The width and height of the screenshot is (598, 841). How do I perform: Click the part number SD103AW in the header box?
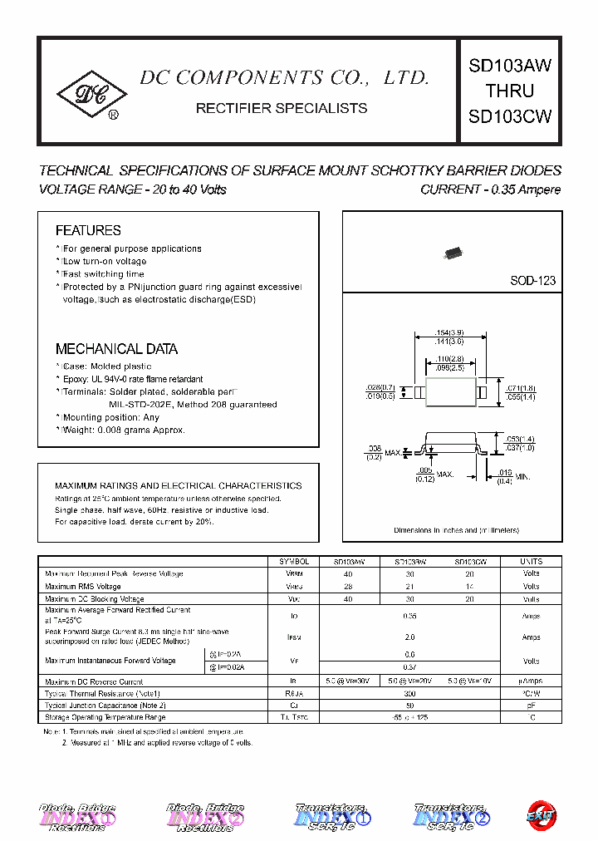pos(509,66)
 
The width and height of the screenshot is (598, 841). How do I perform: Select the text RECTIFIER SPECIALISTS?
pos(281,108)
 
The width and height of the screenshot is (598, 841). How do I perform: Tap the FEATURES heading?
pos(88,230)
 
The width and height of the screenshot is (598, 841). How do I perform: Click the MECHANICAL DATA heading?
pos(116,349)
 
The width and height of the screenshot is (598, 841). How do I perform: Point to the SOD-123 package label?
pos(532,281)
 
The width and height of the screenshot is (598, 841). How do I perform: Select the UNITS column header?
pos(531,561)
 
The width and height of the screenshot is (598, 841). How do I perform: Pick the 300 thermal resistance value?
pos(410,692)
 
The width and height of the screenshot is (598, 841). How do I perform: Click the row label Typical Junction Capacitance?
pos(104,705)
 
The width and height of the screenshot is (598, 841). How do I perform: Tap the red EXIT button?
pos(542,816)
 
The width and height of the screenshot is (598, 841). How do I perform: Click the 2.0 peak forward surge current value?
pos(410,637)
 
